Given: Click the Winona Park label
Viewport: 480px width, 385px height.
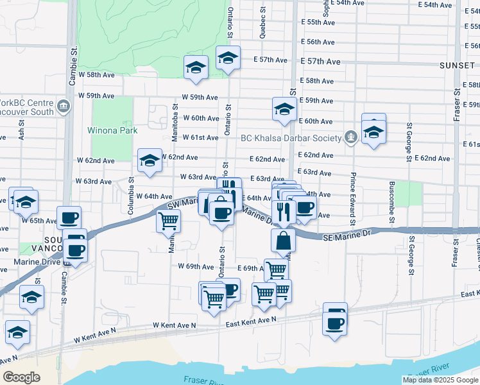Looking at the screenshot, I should pyautogui.click(x=112, y=130).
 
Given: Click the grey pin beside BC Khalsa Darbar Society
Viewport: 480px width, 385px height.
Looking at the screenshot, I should pyautogui.click(x=351, y=137).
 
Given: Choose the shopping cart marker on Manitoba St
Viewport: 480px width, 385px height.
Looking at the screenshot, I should pyautogui.click(x=169, y=221).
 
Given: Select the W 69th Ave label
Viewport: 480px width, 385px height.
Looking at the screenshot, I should pyautogui.click(x=196, y=266).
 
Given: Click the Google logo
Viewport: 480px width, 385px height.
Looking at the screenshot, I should pyautogui.click(x=21, y=377).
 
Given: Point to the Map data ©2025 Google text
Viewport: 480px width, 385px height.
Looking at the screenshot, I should pyautogui.click(x=440, y=380).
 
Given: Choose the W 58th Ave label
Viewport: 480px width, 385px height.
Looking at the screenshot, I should pyautogui.click(x=96, y=75).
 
